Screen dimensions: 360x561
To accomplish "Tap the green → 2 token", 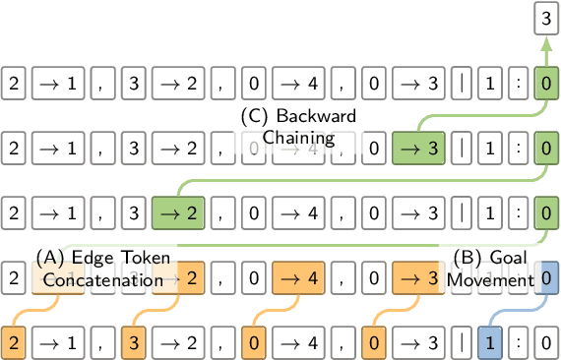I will tap(177, 212).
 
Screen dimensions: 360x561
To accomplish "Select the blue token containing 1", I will tap(489, 343).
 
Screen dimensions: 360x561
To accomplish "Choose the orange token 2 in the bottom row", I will tap(15, 343).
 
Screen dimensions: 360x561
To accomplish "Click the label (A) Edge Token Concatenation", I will tap(102, 269).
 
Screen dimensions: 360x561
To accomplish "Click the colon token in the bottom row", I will tap(518, 343).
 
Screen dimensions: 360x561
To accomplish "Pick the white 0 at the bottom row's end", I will tap(544, 343).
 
